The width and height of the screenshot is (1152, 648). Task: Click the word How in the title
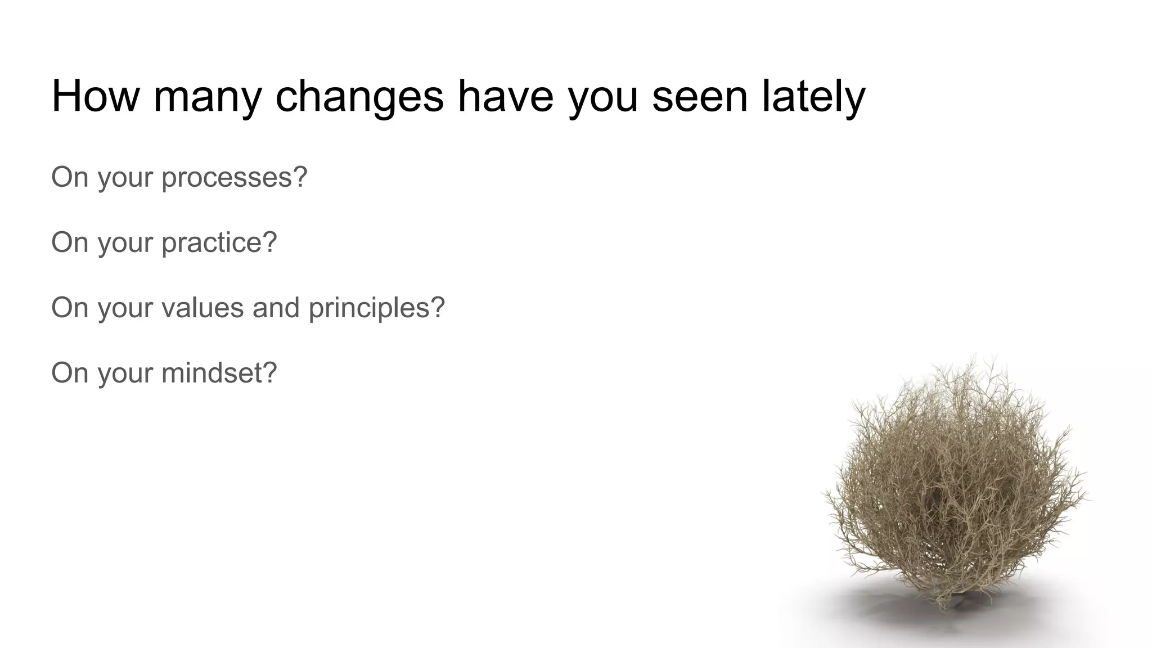pyautogui.click(x=95, y=96)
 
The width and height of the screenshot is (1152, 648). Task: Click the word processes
pyautogui.click(x=227, y=178)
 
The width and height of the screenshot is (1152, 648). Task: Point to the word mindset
pyautogui.click(x=212, y=373)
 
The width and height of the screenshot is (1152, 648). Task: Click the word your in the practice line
pyautogui.click(x=125, y=243)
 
